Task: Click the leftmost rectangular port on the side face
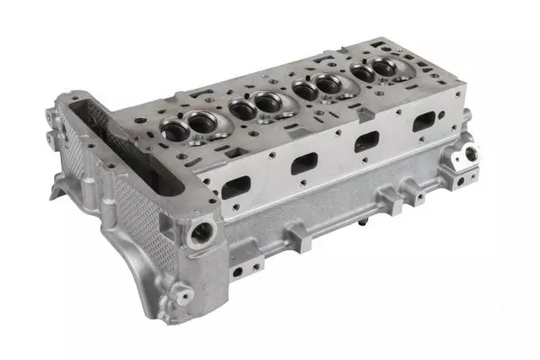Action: pos(237,186)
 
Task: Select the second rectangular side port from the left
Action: pos(304,163)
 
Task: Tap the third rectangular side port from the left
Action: pos(367,141)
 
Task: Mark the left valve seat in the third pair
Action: pos(301,89)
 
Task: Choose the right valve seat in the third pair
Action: pos(326,83)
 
